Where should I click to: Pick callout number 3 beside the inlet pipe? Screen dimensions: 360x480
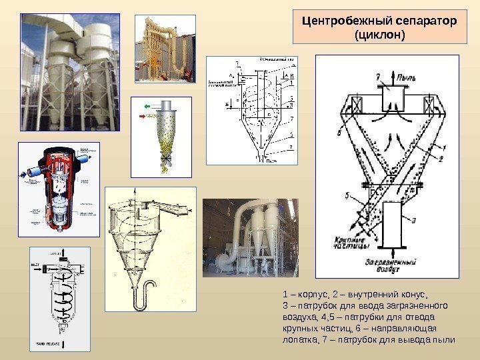point(414,220)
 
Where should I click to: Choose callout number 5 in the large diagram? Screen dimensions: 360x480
point(347,195)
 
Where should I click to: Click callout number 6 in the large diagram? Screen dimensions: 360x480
point(339,133)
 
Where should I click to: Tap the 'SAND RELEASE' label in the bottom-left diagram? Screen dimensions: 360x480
point(47,343)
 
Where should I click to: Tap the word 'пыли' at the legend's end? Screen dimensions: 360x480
point(445,339)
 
